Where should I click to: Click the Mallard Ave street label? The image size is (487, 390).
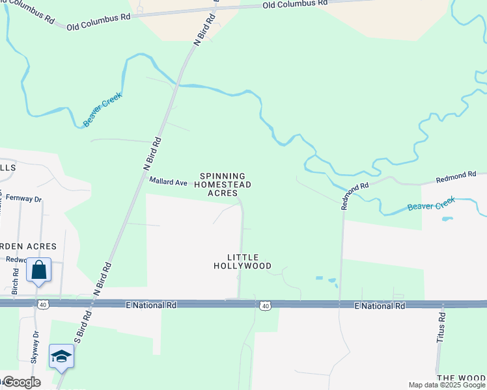(x=168, y=181)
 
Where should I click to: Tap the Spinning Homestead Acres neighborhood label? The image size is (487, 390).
(x=223, y=185)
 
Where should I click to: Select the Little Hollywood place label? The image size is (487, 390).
(x=243, y=261)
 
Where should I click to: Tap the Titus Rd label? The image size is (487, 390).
(x=441, y=328)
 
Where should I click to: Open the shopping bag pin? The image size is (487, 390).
(x=38, y=270)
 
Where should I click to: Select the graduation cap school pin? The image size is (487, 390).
(x=61, y=356)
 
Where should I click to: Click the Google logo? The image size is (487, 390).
(x=21, y=382)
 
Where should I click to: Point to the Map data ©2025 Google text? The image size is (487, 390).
(x=447, y=385)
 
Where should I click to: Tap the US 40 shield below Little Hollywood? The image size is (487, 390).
(x=264, y=305)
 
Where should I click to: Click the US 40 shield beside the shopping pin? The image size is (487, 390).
(x=43, y=304)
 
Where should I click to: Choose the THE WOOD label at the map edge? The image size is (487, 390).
(x=462, y=378)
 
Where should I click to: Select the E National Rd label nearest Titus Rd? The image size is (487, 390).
(x=380, y=305)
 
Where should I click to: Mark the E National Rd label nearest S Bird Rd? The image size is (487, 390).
(x=152, y=304)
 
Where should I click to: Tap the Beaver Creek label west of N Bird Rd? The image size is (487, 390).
(x=103, y=109)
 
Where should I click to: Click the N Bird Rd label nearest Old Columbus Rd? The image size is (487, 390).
(x=206, y=28)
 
